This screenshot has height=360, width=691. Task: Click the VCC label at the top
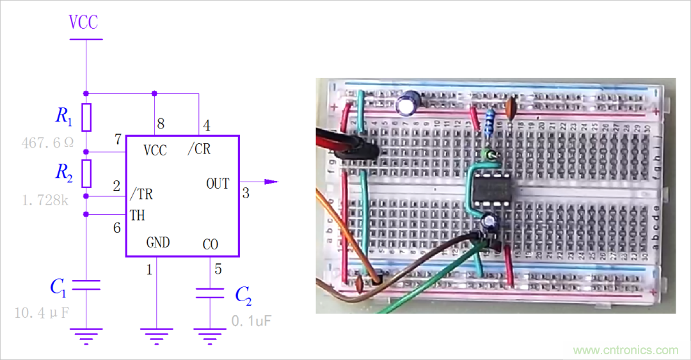(x=84, y=22)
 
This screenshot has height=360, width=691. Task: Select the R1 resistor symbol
(x=86, y=116)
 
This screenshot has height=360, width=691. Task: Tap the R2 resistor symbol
(x=86, y=173)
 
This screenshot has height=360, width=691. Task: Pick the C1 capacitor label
(x=58, y=287)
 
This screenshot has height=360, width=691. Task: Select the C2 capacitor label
(x=243, y=295)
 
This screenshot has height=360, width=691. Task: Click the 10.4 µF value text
(x=41, y=313)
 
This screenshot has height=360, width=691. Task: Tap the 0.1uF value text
(x=251, y=320)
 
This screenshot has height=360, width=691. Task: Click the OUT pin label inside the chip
(x=218, y=184)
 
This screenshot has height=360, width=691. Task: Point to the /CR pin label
(x=199, y=150)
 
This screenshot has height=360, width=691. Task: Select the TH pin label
(x=138, y=215)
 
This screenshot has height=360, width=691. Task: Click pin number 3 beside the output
(x=246, y=193)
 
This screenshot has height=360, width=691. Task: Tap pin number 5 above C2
(x=218, y=269)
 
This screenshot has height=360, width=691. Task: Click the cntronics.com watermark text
(x=626, y=350)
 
